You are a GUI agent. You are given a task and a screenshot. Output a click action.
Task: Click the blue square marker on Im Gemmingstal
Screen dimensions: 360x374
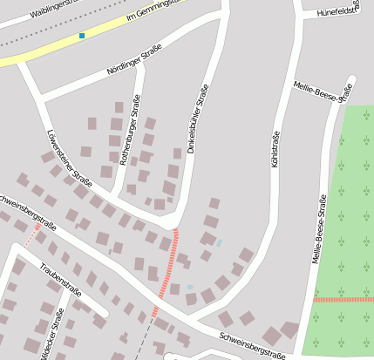pyautogui.click(x=82, y=36)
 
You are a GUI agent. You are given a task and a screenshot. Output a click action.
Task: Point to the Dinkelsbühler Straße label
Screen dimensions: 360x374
pyautogui.click(x=198, y=119)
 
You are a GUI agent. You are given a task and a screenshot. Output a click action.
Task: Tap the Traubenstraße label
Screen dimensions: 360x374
pyautogui.click(x=61, y=280)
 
